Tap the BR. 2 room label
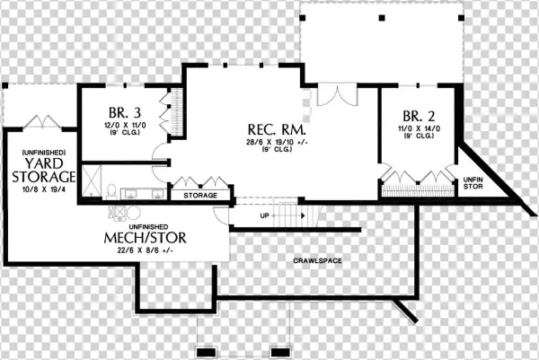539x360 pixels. (x=413, y=117)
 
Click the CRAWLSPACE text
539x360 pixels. (x=316, y=260)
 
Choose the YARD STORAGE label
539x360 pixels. (x=42, y=170)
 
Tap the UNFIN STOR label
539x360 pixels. (x=473, y=182)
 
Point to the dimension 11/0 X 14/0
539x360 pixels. (x=414, y=130)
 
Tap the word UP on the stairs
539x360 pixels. (x=263, y=215)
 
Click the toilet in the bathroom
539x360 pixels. (x=110, y=189)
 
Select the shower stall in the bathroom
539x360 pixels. (x=90, y=180)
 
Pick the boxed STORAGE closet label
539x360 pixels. (x=199, y=195)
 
